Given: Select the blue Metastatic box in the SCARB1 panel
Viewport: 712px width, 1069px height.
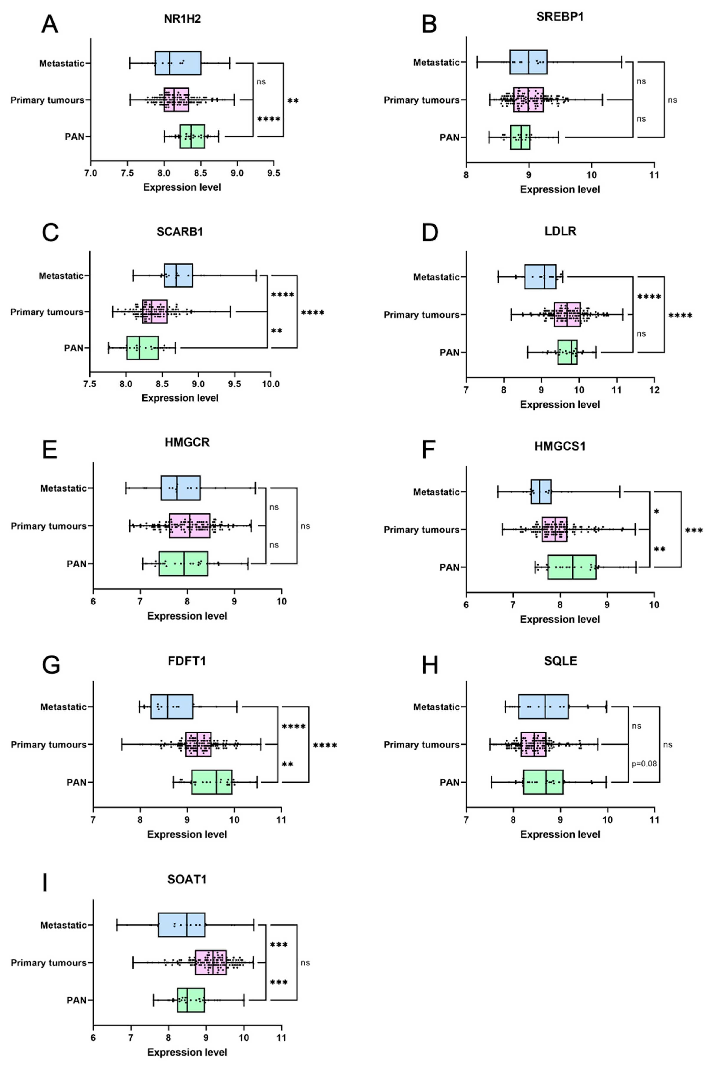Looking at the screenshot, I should (178, 275).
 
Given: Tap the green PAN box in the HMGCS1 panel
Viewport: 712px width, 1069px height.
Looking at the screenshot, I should (572, 567).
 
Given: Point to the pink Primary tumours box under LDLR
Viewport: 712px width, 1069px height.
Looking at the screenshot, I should (567, 314).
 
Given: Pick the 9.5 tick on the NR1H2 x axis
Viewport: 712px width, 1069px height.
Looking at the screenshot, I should (273, 173).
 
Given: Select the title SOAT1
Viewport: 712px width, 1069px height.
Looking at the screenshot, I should (187, 879).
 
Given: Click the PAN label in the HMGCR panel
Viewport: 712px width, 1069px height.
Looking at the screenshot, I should (76, 564).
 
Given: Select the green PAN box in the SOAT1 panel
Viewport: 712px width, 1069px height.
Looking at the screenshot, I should (191, 1000).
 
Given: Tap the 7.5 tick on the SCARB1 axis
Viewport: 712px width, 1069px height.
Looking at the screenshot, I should (90, 384).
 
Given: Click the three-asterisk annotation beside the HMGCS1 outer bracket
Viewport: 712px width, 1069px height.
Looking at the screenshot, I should (693, 530).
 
